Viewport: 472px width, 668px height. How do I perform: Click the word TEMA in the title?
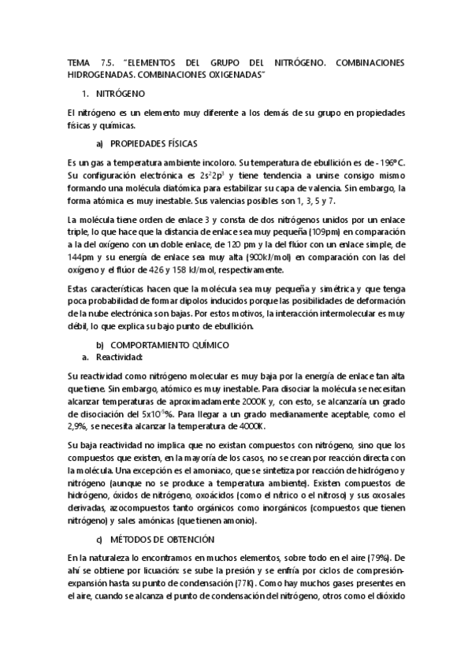point(80,61)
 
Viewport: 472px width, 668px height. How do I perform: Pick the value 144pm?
point(83,257)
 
